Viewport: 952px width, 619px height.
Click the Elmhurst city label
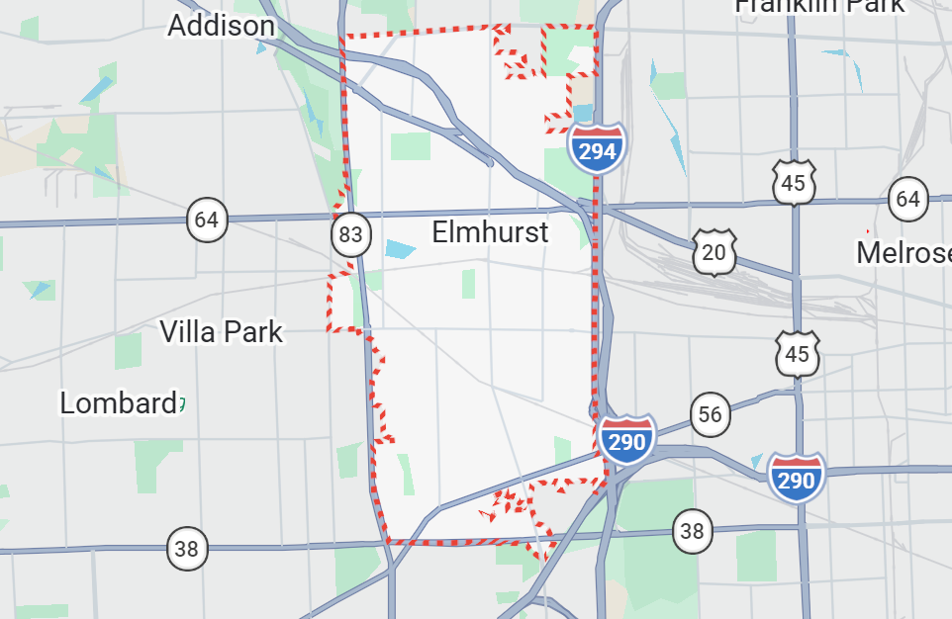490,232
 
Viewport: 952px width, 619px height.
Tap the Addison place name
221,25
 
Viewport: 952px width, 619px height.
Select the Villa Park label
222,331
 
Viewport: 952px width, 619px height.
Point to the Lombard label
118,403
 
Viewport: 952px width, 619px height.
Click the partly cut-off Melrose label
904,252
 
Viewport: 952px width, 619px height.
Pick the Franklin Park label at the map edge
818,6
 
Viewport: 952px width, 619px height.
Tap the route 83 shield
350,234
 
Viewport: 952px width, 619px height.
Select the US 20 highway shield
714,253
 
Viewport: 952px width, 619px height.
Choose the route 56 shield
710,414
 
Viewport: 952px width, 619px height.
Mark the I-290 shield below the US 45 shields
797,479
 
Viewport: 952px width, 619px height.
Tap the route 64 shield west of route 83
207,219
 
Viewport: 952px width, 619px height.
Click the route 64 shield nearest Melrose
907,199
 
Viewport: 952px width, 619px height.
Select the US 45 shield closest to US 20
795,183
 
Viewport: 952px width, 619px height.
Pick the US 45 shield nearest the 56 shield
798,354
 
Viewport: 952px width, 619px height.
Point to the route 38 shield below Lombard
187,548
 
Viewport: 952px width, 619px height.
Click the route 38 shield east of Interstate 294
692,532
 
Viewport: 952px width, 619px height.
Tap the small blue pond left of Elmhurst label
401,249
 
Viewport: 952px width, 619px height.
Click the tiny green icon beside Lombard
182,403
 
